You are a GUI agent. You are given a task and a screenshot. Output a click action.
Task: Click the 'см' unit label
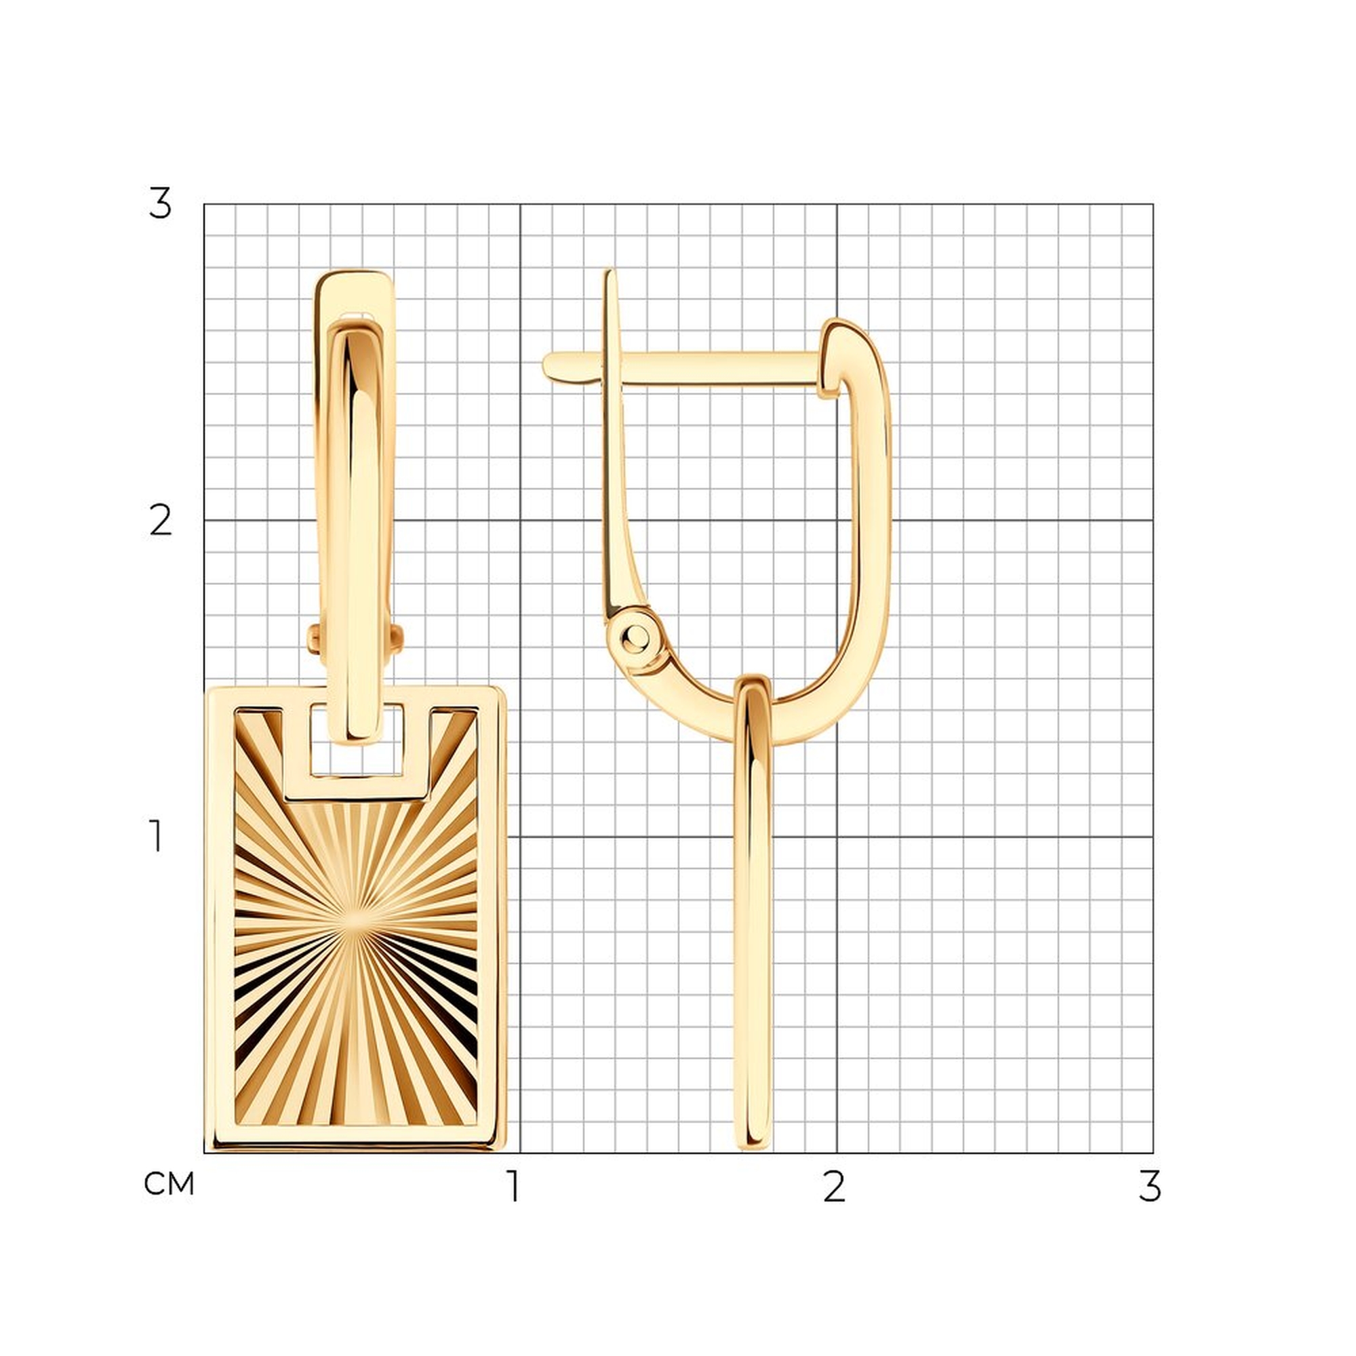pyautogui.click(x=168, y=1184)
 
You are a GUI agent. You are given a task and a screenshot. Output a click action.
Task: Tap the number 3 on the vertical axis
pyautogui.click(x=160, y=203)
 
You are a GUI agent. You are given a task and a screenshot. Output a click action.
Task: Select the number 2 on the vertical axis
pyautogui.click(x=161, y=521)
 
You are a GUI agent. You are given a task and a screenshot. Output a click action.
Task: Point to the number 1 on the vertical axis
pyautogui.click(x=156, y=836)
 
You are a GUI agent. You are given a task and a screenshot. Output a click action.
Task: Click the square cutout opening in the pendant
pyautogui.click(x=357, y=740)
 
